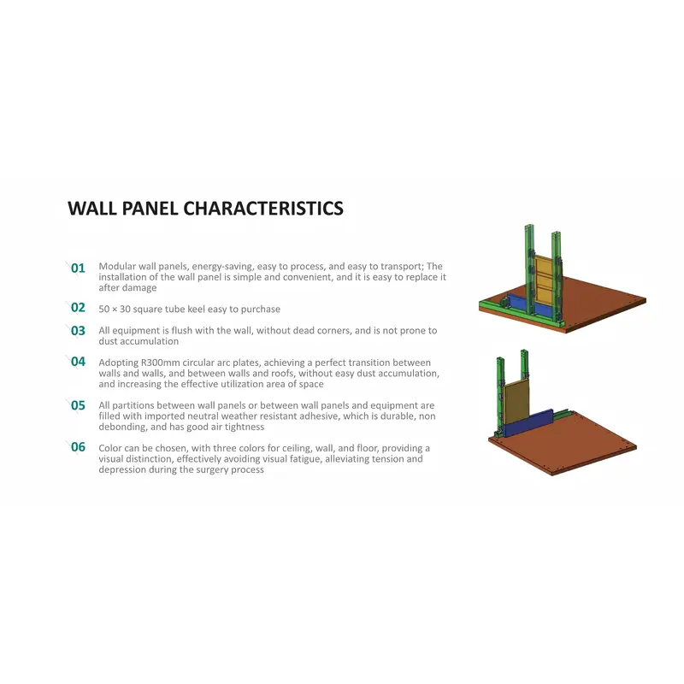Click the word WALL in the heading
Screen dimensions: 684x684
(x=92, y=209)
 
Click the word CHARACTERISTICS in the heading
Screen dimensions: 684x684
(x=263, y=209)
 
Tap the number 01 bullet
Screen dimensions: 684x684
(x=78, y=268)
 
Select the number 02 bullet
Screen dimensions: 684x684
(x=78, y=308)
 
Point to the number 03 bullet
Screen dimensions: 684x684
(x=78, y=331)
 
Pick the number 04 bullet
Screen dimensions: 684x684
(x=78, y=362)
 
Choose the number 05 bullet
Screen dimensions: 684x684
(x=78, y=405)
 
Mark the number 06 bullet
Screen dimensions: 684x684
(x=78, y=447)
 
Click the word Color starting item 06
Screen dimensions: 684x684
(x=110, y=448)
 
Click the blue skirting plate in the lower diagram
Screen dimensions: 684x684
(x=528, y=423)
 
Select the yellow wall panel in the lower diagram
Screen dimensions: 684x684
(x=516, y=402)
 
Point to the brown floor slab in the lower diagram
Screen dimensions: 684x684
(x=563, y=444)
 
